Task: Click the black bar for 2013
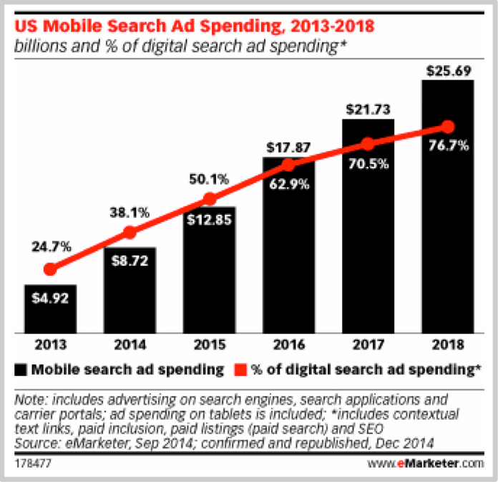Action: (x=49, y=309)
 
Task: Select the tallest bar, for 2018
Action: (x=447, y=208)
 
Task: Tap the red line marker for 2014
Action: (x=130, y=232)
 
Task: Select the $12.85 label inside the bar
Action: (x=209, y=218)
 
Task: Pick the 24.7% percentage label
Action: (x=49, y=247)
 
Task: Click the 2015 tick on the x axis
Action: (x=209, y=344)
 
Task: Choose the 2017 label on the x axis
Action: (x=368, y=344)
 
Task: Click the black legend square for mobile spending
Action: (x=21, y=370)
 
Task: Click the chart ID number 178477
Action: (x=31, y=463)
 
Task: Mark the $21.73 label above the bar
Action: (x=368, y=108)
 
